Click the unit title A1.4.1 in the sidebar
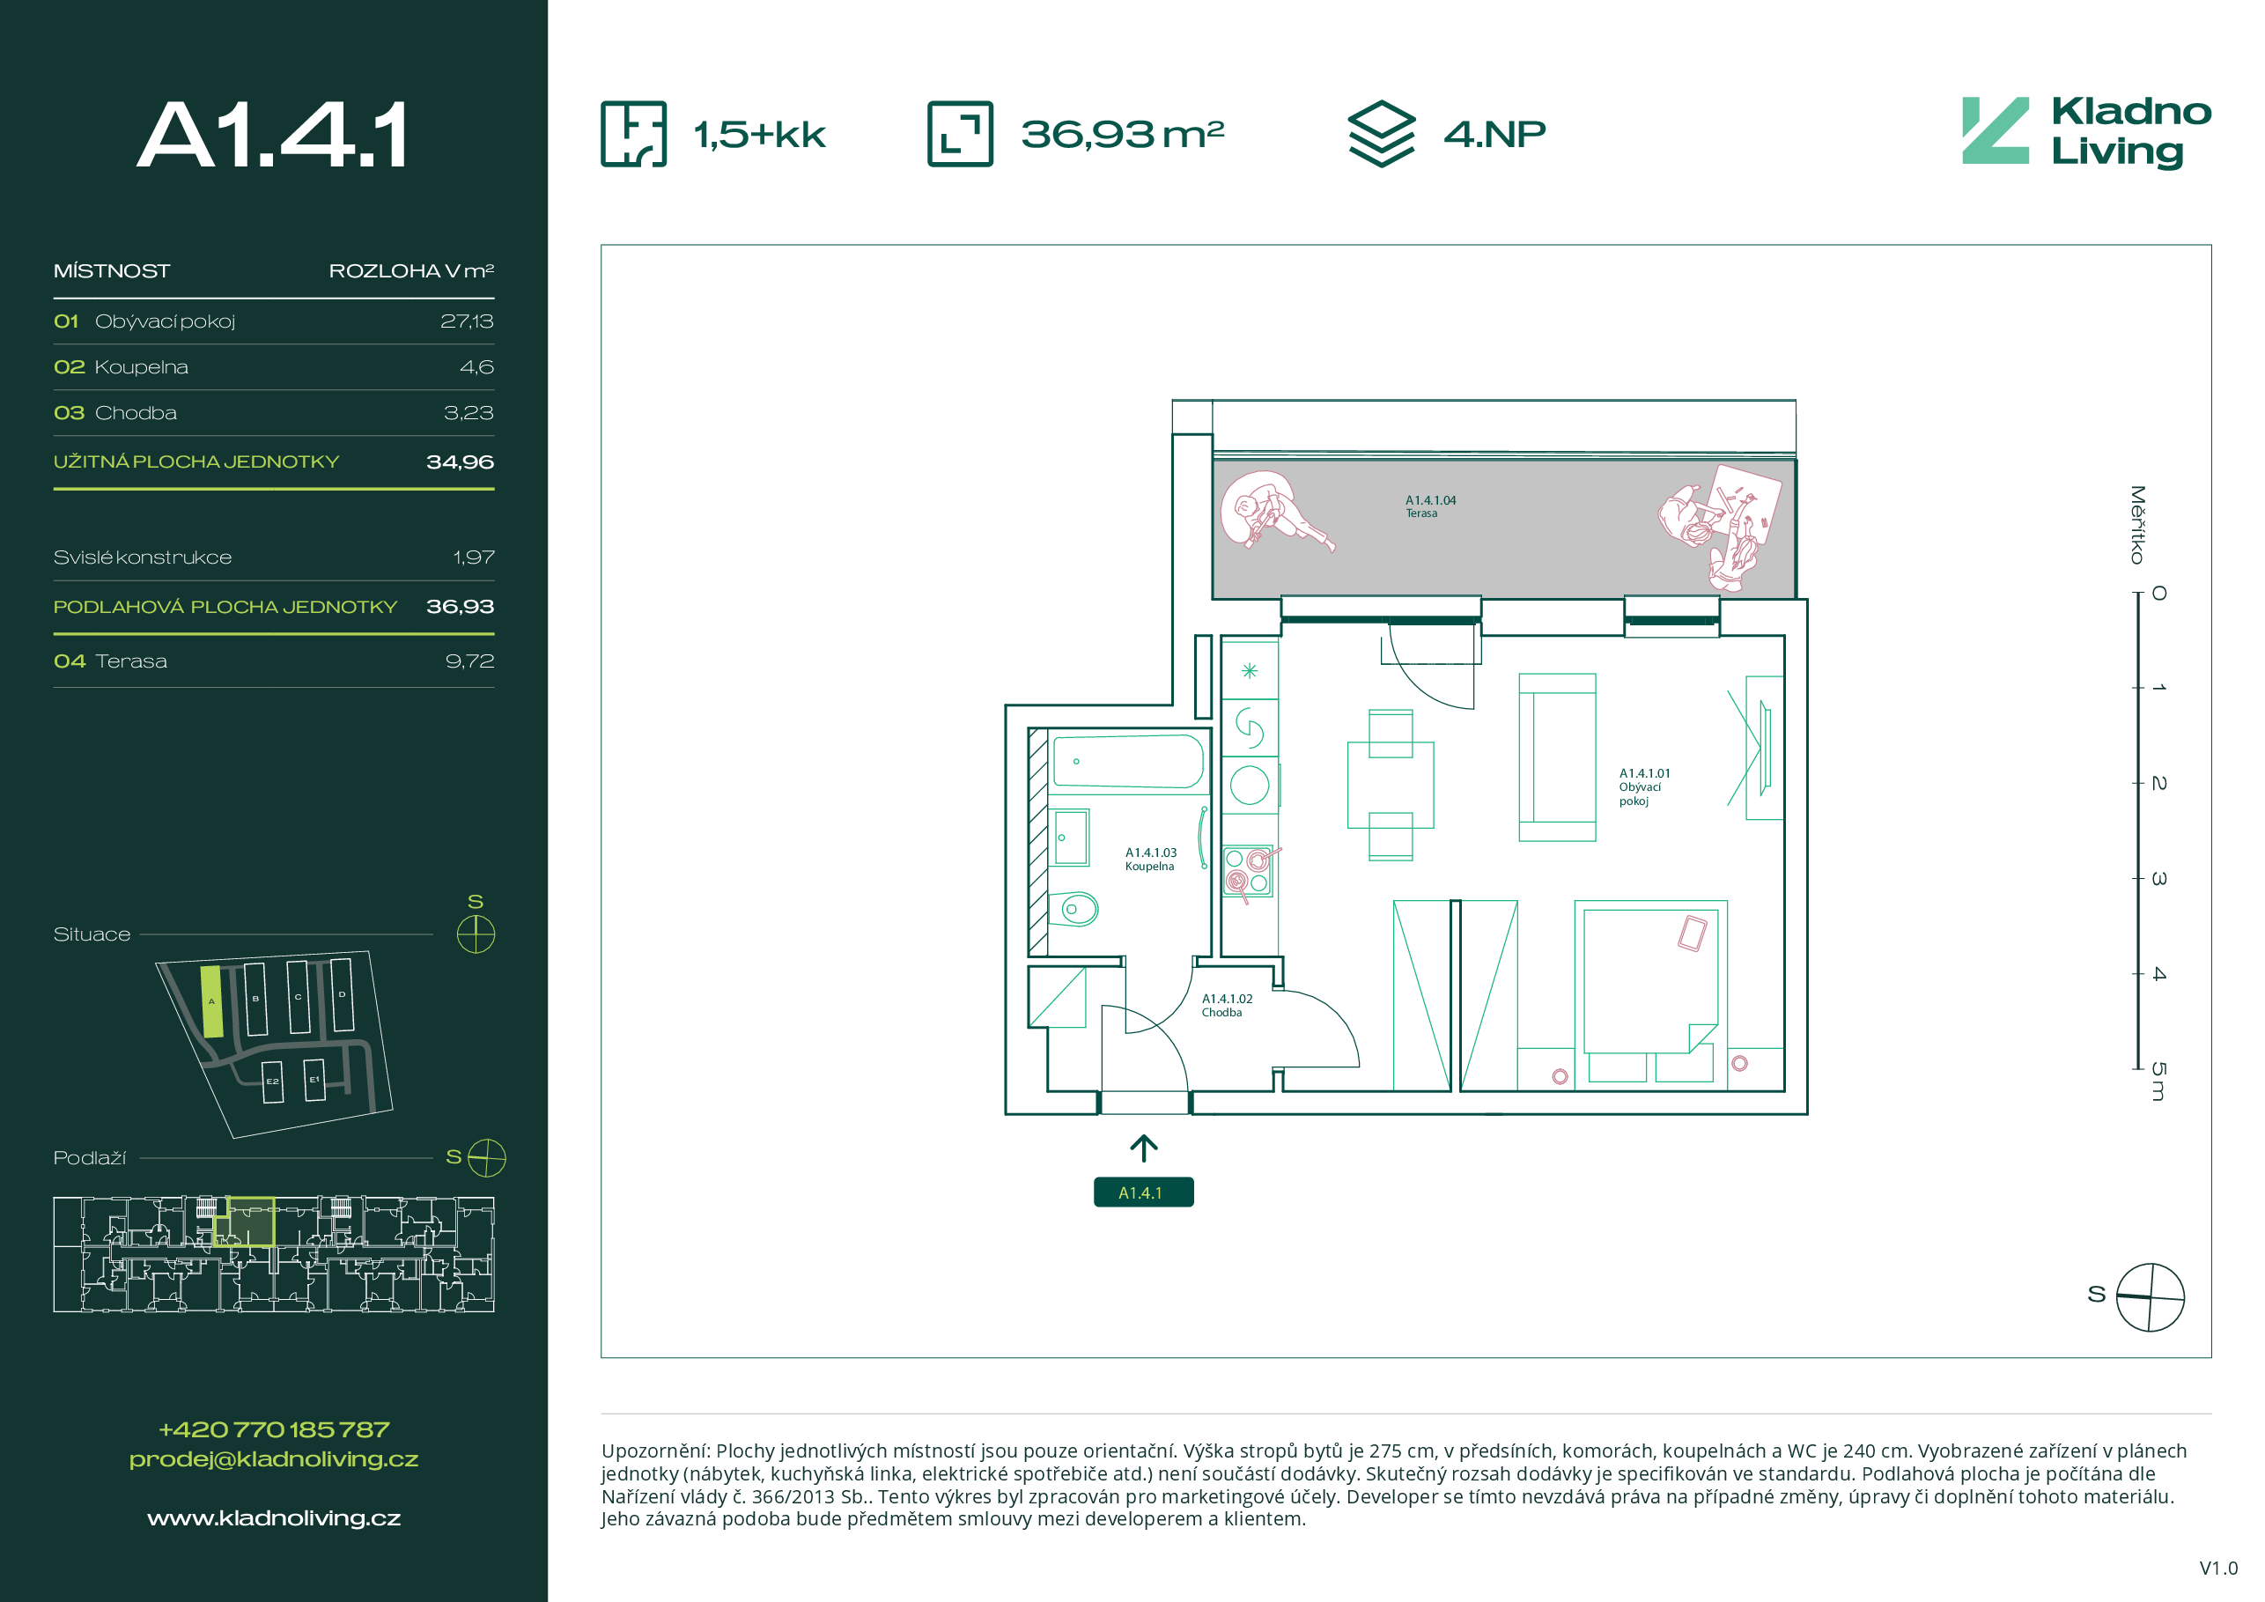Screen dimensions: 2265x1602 pyautogui.click(x=272, y=135)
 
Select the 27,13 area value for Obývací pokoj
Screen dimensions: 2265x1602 pyautogui.click(x=467, y=321)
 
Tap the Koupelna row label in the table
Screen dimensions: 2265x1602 pyautogui.click(x=141, y=367)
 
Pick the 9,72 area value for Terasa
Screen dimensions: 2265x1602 pyautogui.click(x=469, y=661)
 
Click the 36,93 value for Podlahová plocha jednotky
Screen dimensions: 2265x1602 pyautogui.click(x=460, y=607)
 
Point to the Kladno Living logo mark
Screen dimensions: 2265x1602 pyautogui.click(x=1995, y=130)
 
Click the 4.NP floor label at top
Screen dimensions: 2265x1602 pyautogui.click(x=1494, y=134)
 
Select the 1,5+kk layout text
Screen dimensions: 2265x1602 pyautogui.click(x=760, y=135)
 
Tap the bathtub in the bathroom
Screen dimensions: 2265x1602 pyautogui.click(x=1127, y=762)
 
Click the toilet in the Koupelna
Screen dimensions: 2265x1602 pyautogui.click(x=1073, y=909)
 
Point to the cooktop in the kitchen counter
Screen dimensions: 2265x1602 pyautogui.click(x=1247, y=871)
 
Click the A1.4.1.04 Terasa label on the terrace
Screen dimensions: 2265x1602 pyautogui.click(x=1430, y=506)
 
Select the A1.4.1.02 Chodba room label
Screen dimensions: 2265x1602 pyautogui.click(x=1226, y=1005)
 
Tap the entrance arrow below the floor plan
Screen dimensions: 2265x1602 pyautogui.click(x=1143, y=1148)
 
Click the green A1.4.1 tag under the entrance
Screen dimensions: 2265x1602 pyautogui.click(x=1143, y=1192)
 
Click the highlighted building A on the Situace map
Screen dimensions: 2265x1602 pyautogui.click(x=211, y=1001)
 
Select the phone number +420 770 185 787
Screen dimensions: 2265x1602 pyautogui.click(x=273, y=1429)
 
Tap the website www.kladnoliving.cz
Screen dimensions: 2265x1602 pyautogui.click(x=273, y=1518)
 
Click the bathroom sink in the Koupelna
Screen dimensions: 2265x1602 pyautogui.click(x=1069, y=838)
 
